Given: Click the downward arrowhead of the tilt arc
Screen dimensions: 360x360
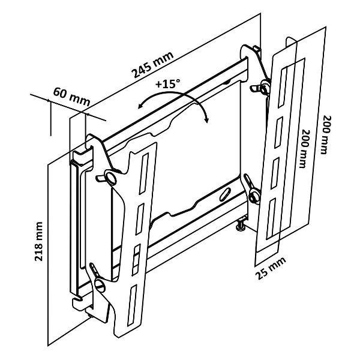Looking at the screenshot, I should pyautogui.click(x=205, y=120).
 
